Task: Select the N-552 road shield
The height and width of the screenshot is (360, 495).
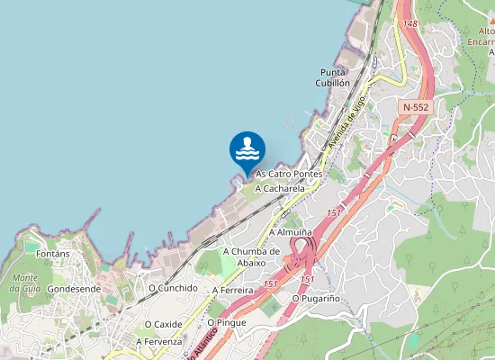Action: [x=415, y=106]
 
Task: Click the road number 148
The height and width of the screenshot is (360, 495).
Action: [x=410, y=23]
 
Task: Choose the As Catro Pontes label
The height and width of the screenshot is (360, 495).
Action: [x=289, y=174]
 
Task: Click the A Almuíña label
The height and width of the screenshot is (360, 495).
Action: [x=291, y=232]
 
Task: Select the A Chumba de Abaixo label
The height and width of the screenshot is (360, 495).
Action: [x=251, y=256]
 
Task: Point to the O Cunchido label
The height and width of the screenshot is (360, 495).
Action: [x=173, y=288]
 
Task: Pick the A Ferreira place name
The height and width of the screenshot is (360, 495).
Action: [x=232, y=291]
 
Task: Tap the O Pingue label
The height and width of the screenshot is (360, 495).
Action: [x=227, y=321]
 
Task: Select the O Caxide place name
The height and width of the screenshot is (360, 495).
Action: [x=163, y=324]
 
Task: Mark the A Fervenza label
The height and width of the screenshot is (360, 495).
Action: [x=159, y=342]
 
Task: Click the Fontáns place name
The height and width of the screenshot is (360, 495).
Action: [x=54, y=255]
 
